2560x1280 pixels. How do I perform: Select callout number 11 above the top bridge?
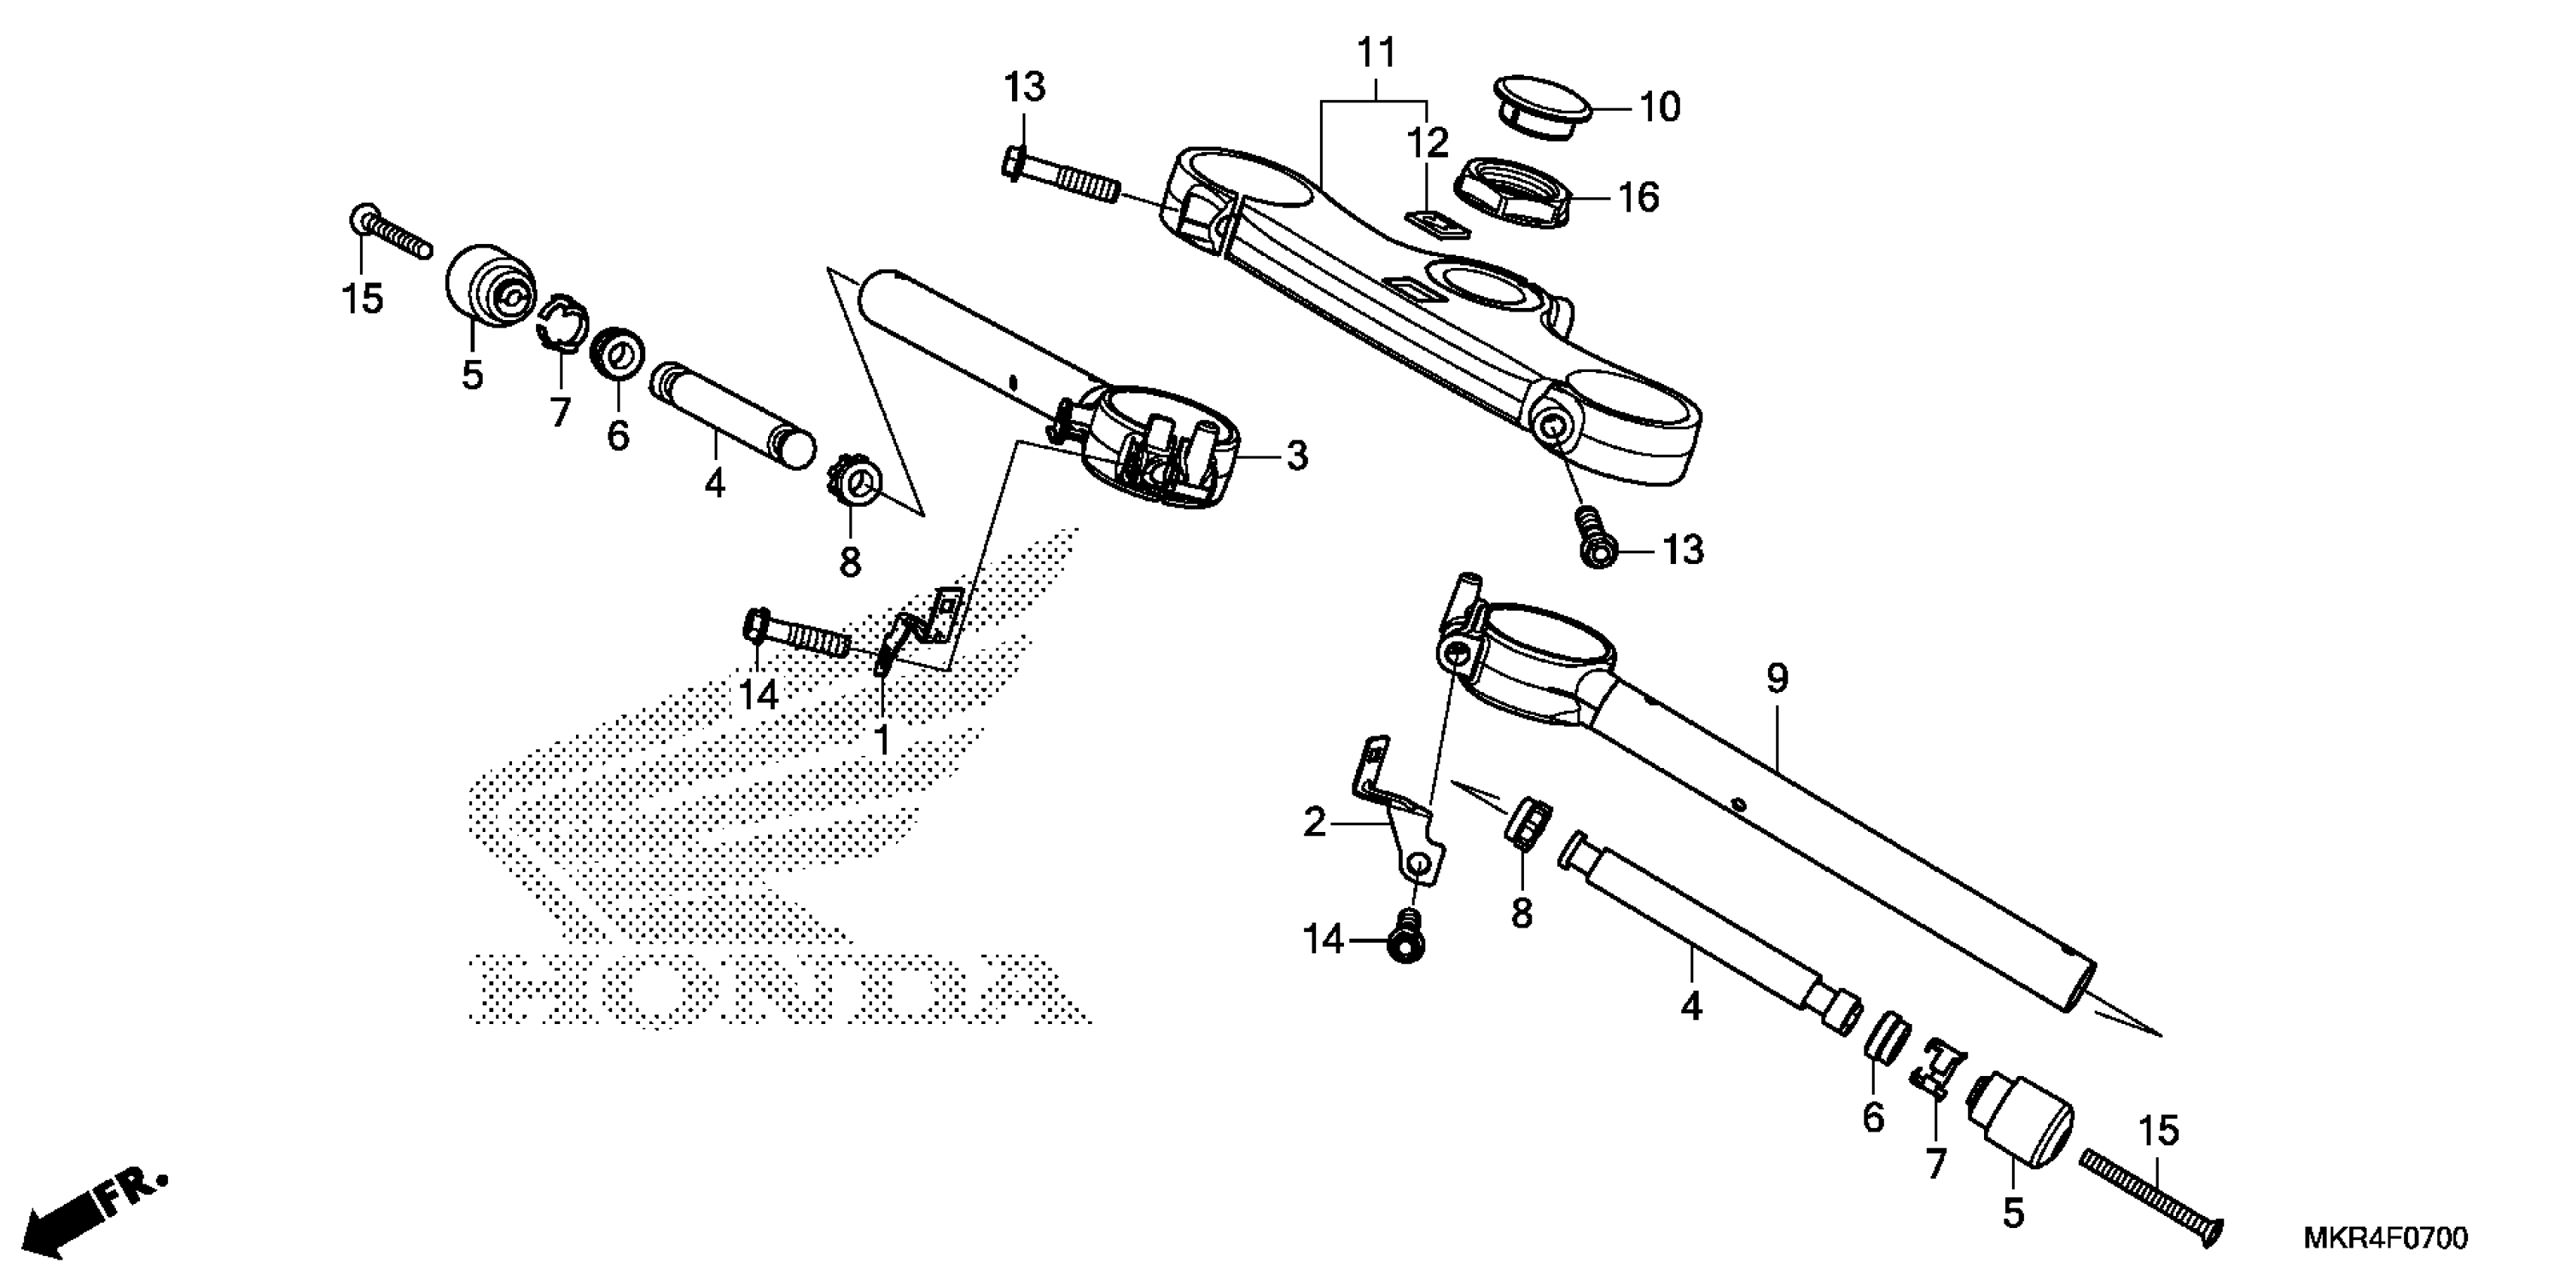[x=1376, y=53]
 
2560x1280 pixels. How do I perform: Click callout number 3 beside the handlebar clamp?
[x=1297, y=456]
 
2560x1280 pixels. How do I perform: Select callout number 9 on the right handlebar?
[x=1777, y=680]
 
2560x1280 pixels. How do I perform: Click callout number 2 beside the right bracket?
[x=1315, y=824]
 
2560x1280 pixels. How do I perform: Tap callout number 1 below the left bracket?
[x=882, y=739]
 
